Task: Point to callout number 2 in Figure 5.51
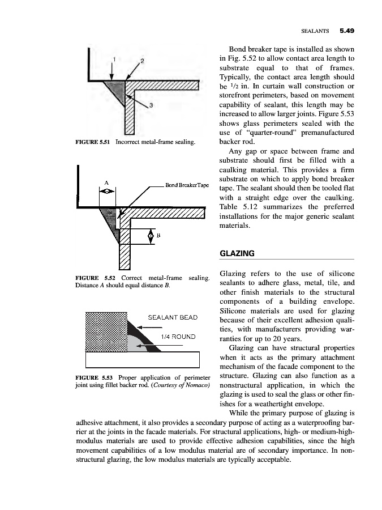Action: click(143, 60)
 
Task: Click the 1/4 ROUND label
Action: click(178, 337)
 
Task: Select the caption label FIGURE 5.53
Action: click(92, 378)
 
